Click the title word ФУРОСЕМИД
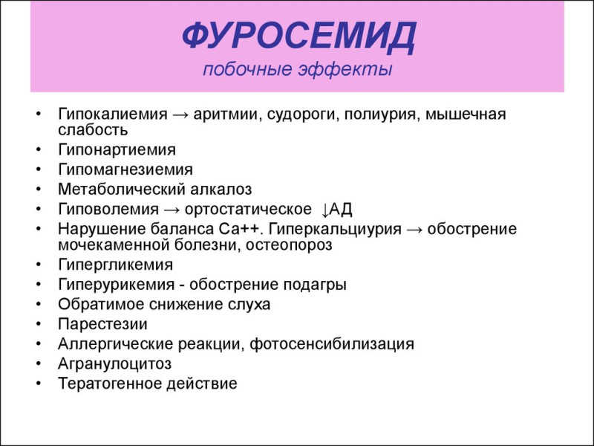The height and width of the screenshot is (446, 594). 299,36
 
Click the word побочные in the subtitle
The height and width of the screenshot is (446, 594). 247,69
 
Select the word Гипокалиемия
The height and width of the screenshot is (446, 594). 113,114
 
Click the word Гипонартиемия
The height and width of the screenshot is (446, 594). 117,149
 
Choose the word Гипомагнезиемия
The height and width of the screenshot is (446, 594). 125,169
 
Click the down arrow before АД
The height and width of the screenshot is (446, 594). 325,210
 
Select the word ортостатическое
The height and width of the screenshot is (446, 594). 248,209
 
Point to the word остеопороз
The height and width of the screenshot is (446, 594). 289,245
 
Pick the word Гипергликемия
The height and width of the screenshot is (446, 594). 116,265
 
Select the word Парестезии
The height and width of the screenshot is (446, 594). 102,324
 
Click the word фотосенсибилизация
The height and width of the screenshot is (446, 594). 332,344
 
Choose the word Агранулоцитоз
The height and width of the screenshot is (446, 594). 115,363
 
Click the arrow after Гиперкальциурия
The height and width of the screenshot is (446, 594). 414,230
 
